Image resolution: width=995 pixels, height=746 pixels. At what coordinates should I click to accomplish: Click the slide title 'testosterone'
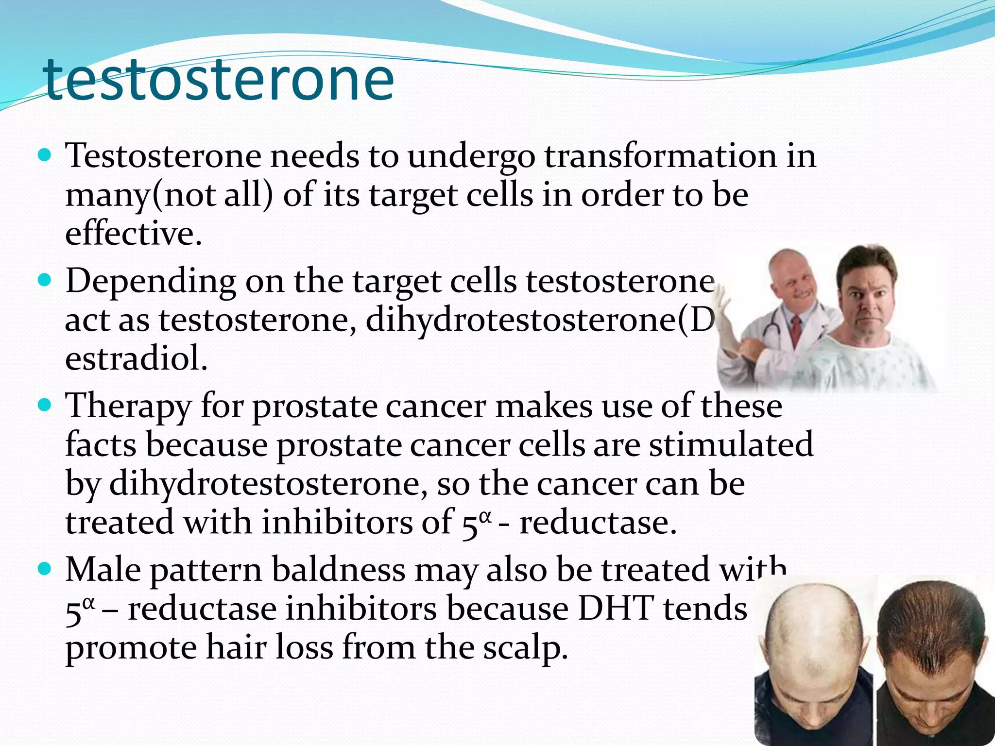click(x=219, y=79)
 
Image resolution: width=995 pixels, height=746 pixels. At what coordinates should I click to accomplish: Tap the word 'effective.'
click(x=133, y=234)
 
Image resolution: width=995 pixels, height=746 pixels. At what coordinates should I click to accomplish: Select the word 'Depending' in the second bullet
click(x=151, y=282)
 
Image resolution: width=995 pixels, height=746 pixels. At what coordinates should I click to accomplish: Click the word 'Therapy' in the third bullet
click(x=128, y=407)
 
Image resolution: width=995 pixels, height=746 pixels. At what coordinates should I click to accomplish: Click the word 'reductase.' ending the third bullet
click(x=598, y=523)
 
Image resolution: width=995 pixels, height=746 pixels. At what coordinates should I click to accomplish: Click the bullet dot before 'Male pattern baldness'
click(x=44, y=569)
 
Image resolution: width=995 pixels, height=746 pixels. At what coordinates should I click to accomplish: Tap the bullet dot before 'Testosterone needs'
click(x=44, y=156)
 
